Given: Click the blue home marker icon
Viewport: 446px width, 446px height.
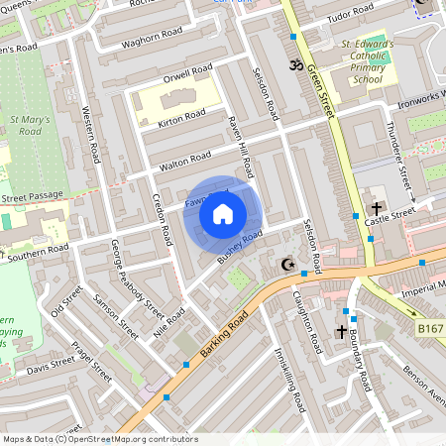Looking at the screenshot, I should [223, 214].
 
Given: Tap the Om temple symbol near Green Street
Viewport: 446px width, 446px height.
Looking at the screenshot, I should [292, 65].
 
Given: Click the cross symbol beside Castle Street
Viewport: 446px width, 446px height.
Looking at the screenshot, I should [377, 208].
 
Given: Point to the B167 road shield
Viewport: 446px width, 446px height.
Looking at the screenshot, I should [429, 328].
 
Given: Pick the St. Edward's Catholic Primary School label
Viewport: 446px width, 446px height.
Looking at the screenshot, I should [368, 61].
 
